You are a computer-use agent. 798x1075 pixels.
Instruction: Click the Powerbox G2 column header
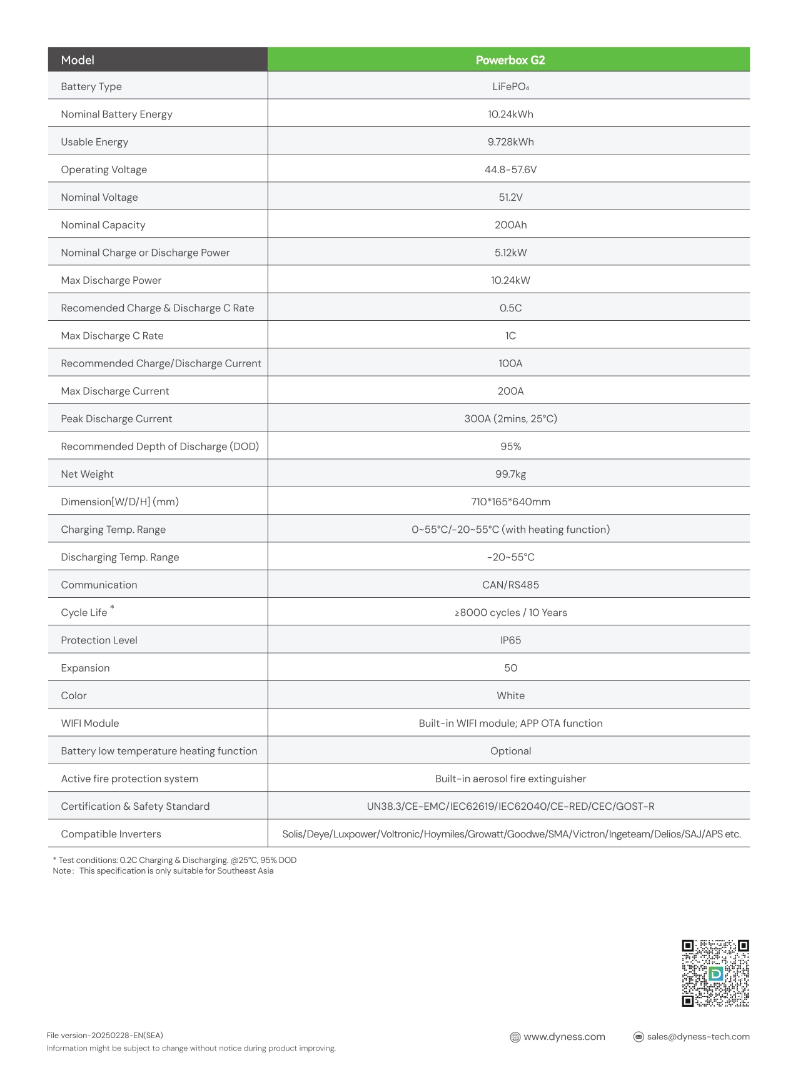coord(510,60)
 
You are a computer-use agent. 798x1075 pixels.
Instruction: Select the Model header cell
coord(78,60)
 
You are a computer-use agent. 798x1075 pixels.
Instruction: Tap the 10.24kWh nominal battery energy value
coord(510,114)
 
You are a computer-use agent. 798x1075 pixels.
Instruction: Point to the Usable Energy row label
coord(94,142)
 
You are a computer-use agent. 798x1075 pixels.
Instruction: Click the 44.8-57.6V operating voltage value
coord(510,169)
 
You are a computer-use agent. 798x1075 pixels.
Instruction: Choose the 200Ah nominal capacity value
coord(510,225)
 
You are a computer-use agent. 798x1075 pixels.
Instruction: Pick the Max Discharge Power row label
coord(111,280)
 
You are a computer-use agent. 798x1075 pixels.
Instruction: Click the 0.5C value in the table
coord(510,308)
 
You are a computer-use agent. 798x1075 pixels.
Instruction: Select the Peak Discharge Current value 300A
coord(510,419)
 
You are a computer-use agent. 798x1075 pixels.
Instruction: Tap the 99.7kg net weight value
coord(510,474)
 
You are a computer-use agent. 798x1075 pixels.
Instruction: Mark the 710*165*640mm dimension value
coord(510,502)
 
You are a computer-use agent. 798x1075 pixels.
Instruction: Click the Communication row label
coord(99,585)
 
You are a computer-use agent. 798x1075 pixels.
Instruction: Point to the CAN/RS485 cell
coord(510,585)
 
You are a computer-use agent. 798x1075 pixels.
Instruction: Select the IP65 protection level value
coord(510,640)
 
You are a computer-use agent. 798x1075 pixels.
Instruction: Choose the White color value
coord(510,695)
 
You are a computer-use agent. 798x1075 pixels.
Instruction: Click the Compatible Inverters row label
coord(111,834)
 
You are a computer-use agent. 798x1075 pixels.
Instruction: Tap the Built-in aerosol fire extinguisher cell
coord(510,779)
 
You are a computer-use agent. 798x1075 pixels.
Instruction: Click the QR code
coord(715,973)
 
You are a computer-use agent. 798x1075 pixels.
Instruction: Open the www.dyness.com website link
coord(563,1037)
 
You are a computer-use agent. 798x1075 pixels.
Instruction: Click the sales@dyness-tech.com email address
coord(698,1037)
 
